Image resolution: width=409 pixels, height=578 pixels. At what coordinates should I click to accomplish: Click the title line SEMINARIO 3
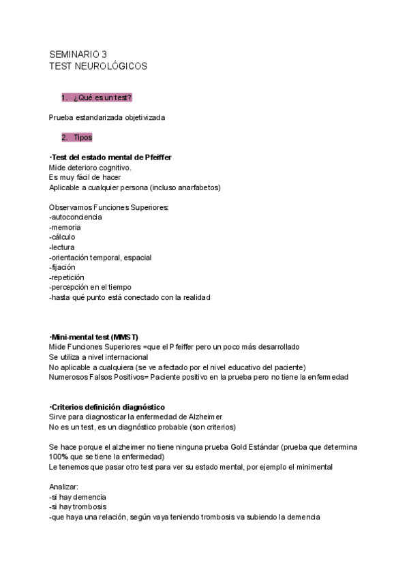coord(78,55)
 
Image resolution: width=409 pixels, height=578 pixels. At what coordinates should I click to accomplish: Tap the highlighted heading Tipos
coord(82,137)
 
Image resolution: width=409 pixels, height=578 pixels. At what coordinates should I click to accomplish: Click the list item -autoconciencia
coord(75,217)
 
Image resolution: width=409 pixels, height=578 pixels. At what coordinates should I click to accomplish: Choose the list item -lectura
coord(62,247)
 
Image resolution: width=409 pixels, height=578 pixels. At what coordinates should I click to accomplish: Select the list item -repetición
coord(67,277)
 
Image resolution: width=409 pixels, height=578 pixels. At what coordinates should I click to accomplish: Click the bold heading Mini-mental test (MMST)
coord(95,337)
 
